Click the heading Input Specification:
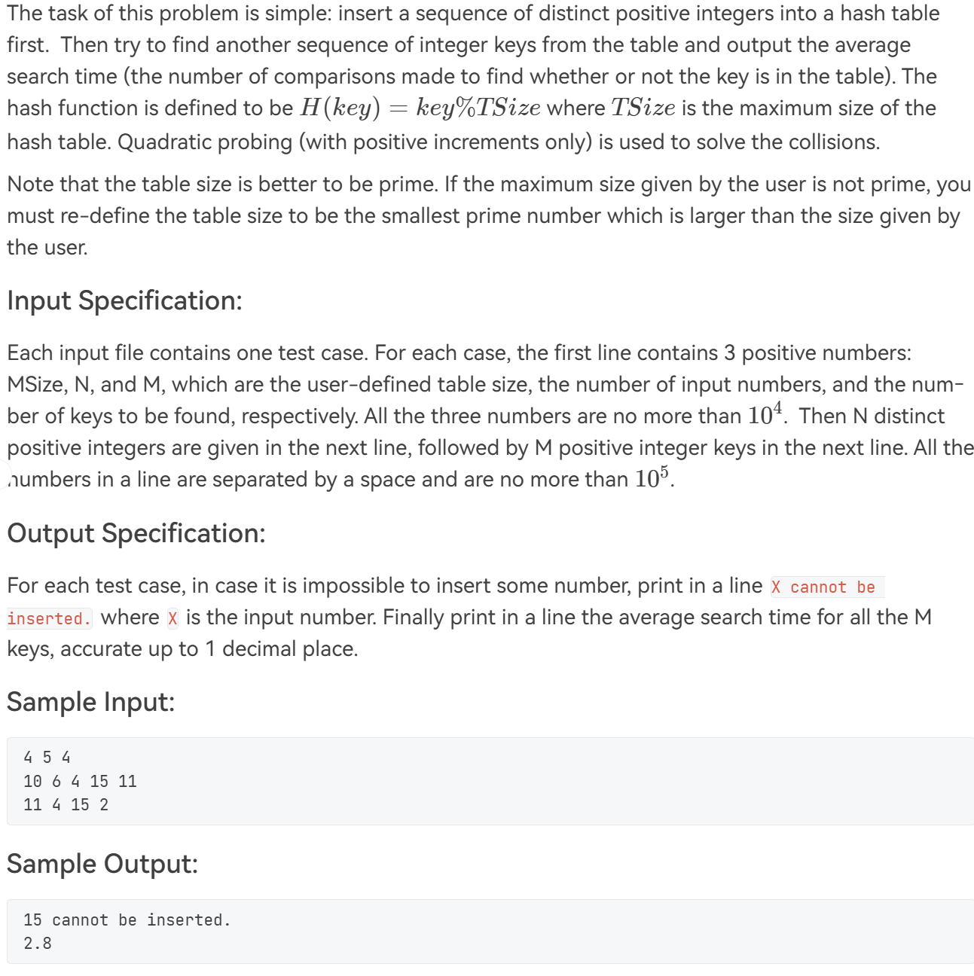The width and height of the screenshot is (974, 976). (x=124, y=300)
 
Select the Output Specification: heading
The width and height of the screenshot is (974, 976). (x=136, y=533)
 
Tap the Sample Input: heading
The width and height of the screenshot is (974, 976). (x=90, y=702)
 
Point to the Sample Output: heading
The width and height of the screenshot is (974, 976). (x=102, y=864)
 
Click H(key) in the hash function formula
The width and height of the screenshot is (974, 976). (x=339, y=108)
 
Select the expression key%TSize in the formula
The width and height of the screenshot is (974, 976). (x=478, y=108)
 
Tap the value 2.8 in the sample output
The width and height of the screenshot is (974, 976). (x=38, y=944)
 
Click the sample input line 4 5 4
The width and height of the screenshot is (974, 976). (x=47, y=758)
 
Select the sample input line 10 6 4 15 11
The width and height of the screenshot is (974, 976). (x=80, y=782)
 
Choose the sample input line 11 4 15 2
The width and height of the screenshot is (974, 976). (x=66, y=805)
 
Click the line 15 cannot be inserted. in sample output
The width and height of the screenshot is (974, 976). (x=127, y=920)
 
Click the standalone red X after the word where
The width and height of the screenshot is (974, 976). (x=173, y=619)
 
